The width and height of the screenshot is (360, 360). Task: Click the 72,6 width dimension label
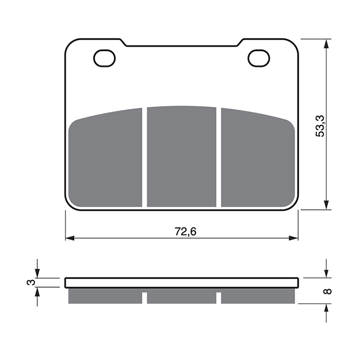(x=186, y=232)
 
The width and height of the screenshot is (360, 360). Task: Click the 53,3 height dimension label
(x=320, y=126)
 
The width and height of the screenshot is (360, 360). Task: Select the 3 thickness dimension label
(x=31, y=282)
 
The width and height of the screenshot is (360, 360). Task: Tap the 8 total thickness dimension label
(x=327, y=291)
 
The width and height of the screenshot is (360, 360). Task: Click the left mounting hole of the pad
(x=105, y=58)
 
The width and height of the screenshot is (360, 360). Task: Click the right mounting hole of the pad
(x=259, y=58)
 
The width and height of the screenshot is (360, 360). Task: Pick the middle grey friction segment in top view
(x=181, y=157)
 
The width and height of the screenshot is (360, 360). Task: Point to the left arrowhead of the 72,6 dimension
(x=70, y=238)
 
